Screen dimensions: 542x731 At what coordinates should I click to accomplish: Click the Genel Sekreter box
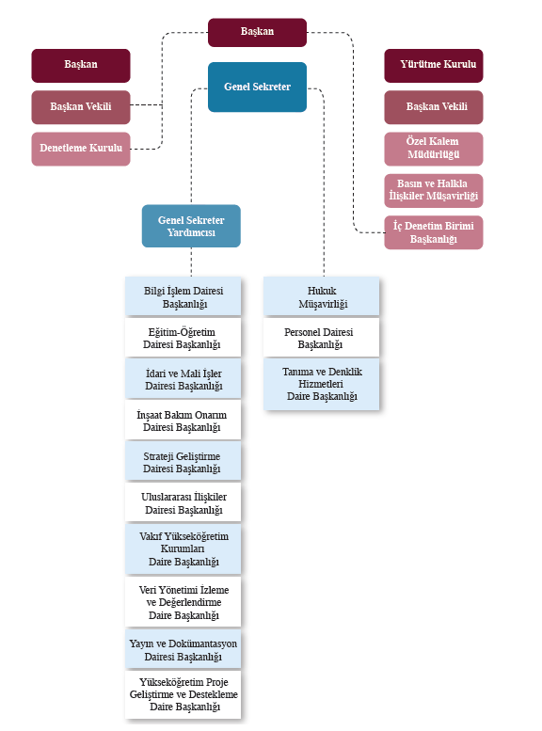pyautogui.click(x=257, y=87)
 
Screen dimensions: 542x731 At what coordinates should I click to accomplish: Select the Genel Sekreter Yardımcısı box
pyautogui.click(x=191, y=226)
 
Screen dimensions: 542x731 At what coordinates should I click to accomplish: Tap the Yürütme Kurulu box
pyautogui.click(x=434, y=65)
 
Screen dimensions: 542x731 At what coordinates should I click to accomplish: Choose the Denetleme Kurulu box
pyautogui.click(x=81, y=149)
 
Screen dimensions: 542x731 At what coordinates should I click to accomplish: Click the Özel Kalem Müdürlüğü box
pyautogui.click(x=434, y=149)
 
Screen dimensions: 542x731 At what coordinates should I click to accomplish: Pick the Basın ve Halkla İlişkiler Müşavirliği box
pyautogui.click(x=434, y=191)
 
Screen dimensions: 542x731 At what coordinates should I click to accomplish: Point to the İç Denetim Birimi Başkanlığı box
pyautogui.click(x=434, y=232)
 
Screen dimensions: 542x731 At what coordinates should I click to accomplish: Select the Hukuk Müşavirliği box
pyautogui.click(x=322, y=296)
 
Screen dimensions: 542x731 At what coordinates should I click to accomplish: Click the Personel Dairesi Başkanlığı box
pyautogui.click(x=322, y=338)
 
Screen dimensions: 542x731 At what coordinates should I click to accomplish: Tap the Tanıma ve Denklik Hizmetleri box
pyautogui.click(x=322, y=384)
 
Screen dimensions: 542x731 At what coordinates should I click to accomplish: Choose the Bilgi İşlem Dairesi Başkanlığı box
pyautogui.click(x=183, y=296)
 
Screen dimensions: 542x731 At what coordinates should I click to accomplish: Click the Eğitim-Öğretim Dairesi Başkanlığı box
pyautogui.click(x=183, y=338)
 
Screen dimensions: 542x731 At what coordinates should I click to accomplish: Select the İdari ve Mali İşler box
pyautogui.click(x=183, y=378)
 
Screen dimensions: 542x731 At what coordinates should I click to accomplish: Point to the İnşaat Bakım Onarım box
pyautogui.click(x=183, y=420)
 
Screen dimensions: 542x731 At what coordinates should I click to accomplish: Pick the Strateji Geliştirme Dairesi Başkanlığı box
pyautogui.click(x=183, y=462)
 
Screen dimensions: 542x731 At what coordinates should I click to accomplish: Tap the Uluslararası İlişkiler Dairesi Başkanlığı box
pyautogui.click(x=183, y=502)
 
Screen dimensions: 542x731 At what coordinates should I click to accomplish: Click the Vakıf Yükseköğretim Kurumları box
pyautogui.click(x=183, y=548)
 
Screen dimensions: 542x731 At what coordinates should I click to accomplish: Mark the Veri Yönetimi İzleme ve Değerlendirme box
pyautogui.click(x=183, y=602)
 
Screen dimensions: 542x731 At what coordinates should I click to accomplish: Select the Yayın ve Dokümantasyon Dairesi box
pyautogui.click(x=183, y=649)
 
